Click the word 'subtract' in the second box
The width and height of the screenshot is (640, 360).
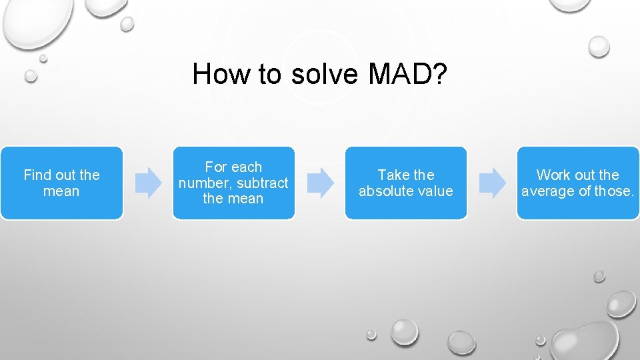pyautogui.click(x=265, y=183)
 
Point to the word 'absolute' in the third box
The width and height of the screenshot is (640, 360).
pyautogui.click(x=385, y=191)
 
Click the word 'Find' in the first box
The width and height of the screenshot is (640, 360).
pyautogui.click(x=37, y=175)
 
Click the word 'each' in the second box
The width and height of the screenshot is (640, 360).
pyautogui.click(x=247, y=167)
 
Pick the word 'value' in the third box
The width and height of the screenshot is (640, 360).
pyautogui.click(x=434, y=191)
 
